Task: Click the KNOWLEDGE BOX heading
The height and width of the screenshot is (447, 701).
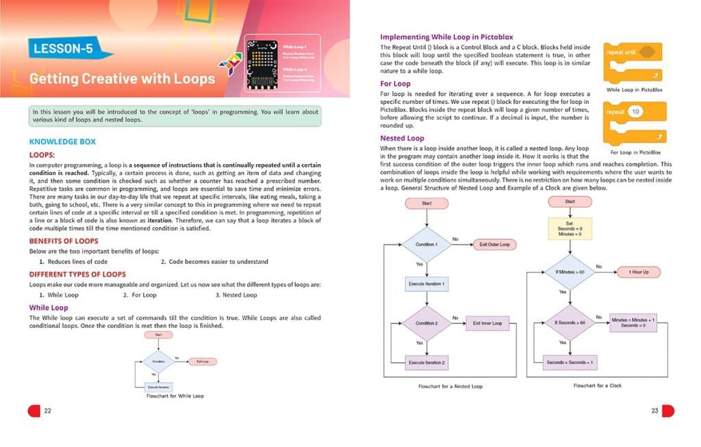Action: point(63,141)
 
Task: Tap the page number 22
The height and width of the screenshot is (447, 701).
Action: point(47,410)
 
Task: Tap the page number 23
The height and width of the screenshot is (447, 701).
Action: point(654,410)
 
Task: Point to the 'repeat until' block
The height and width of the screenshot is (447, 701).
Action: point(630,52)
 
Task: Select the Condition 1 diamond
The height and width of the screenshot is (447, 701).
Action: point(426,244)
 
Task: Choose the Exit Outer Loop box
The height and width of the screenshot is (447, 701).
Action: point(494,244)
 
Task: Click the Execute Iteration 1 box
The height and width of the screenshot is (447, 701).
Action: point(426,283)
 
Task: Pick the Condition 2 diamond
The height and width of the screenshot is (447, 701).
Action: point(426,323)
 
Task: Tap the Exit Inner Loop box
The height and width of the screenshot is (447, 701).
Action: point(487,323)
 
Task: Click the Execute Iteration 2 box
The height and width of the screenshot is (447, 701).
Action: point(426,362)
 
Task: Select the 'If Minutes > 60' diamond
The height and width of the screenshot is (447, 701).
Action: point(570,272)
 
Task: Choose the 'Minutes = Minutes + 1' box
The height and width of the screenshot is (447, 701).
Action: point(633,322)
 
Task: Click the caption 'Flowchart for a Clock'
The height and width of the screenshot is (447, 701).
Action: point(597,385)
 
